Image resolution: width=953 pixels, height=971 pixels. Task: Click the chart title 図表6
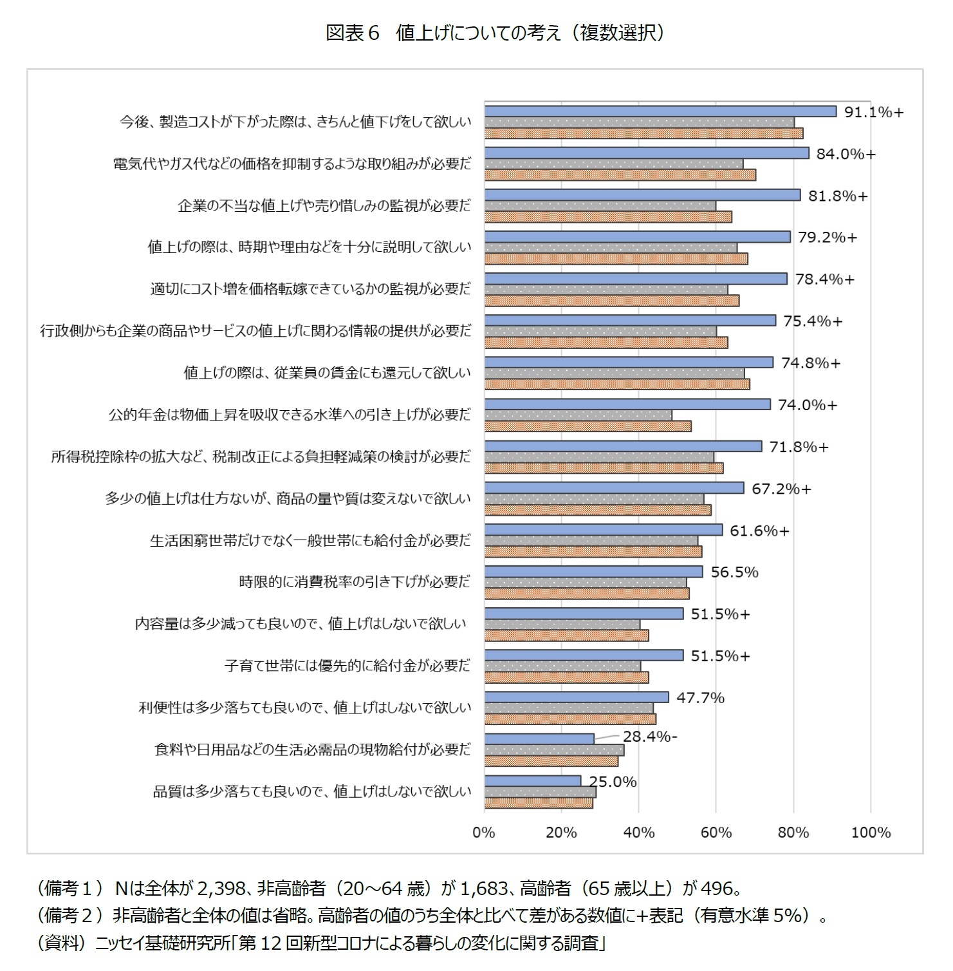point(353,33)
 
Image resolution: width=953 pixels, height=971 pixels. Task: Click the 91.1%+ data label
point(874,113)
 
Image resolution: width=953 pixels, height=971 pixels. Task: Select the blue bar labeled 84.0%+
point(646,153)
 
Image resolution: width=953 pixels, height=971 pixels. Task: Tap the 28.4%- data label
point(649,737)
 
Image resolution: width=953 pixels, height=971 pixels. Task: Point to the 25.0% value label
point(613,782)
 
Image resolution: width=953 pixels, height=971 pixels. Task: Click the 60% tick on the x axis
point(716,833)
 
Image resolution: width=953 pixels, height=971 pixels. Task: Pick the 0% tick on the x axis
point(484,833)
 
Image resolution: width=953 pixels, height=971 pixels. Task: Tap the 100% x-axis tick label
point(871,833)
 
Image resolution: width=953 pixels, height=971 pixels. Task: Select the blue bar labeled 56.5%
point(593,572)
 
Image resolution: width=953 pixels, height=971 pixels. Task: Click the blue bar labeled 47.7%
point(576,697)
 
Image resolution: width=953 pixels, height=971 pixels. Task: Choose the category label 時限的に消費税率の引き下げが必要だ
point(355,582)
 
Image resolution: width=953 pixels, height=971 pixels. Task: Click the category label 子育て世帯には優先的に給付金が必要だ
point(347,666)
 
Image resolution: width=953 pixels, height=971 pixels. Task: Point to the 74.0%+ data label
point(808,405)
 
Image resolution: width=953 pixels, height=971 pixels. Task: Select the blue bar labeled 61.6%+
point(603,530)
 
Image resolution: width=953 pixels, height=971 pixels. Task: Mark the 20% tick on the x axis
point(561,833)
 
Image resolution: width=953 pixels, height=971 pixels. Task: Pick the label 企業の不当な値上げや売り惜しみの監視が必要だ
point(324,205)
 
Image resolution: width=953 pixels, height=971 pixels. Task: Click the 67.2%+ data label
point(781,489)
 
